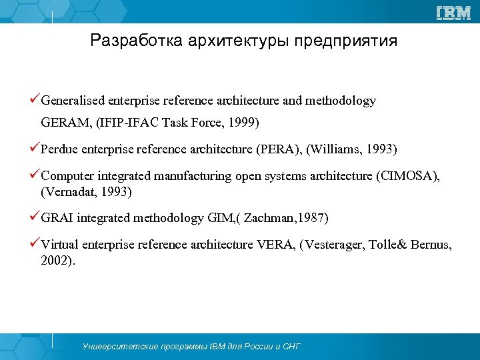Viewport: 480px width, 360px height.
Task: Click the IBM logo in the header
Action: [453, 13]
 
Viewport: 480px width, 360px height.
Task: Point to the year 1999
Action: [242, 123]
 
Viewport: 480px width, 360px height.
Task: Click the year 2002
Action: [56, 261]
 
